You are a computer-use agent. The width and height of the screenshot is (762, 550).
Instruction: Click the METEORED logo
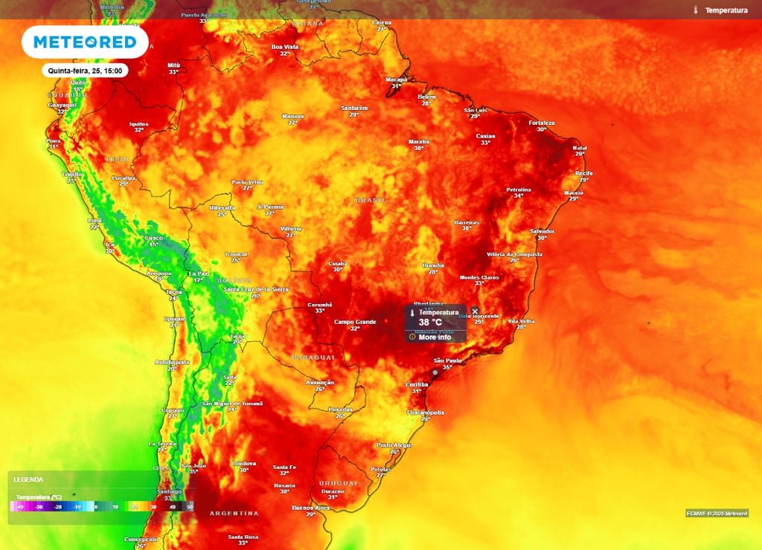pos(84,42)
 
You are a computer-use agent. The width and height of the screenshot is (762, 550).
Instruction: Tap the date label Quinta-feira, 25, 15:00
pos(84,71)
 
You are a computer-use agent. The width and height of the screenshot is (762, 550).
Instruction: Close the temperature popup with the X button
pos(475,311)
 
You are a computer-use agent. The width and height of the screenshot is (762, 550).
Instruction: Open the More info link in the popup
pos(435,337)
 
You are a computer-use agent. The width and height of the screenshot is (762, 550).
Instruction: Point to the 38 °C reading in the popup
pos(430,323)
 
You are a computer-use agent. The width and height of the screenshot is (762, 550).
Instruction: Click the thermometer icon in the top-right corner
pos(696,10)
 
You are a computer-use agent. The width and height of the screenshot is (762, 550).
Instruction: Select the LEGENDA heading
pos(28,480)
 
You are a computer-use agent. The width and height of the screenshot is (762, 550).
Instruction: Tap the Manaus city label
pos(293,116)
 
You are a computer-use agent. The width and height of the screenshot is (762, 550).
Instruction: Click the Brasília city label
pos(433,265)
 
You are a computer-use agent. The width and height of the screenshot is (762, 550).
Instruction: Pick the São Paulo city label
pos(447,360)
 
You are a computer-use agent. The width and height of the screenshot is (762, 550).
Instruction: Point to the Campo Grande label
pos(355,322)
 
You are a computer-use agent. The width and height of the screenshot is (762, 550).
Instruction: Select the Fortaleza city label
pos(542,123)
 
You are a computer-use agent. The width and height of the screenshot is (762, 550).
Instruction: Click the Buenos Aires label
pos(310,508)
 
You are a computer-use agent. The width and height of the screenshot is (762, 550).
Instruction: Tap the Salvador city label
pos(542,231)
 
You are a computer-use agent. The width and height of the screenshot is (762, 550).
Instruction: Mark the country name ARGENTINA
pos(234,514)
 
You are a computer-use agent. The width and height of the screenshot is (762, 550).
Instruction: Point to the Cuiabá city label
pos(338,263)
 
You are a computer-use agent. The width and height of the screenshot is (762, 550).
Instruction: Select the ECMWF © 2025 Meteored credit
pos(717,513)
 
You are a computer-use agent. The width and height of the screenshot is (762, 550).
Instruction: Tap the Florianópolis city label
pos(426,412)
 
